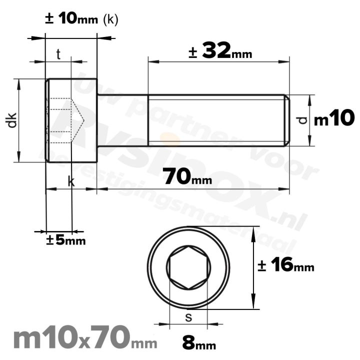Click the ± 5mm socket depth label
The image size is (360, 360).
point(65,240)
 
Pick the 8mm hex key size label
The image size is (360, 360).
point(198,343)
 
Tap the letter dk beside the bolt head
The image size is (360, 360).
point(12,120)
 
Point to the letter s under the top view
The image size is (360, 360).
point(188,317)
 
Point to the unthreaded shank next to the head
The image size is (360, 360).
point(122,120)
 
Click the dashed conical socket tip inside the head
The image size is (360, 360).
point(77,120)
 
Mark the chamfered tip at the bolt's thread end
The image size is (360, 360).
point(287,120)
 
